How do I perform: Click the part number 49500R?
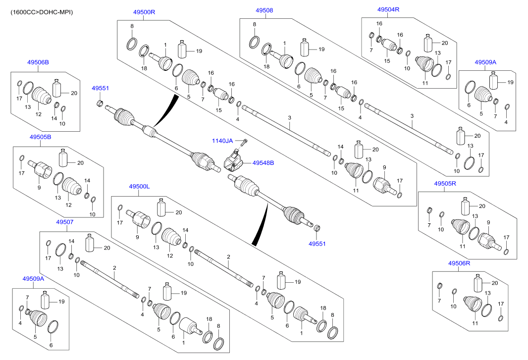[144, 11]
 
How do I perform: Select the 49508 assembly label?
[264, 10]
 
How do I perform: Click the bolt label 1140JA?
[222, 141]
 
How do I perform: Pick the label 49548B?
[263, 162]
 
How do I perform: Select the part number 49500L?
[139, 186]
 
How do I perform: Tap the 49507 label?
[64, 222]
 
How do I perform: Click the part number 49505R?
[445, 183]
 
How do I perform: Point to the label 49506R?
[459, 263]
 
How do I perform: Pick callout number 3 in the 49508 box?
[412, 115]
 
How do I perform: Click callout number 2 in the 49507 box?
[114, 268]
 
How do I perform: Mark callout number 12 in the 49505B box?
[69, 205]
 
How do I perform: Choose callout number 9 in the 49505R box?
[488, 222]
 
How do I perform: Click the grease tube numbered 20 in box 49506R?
[478, 284]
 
